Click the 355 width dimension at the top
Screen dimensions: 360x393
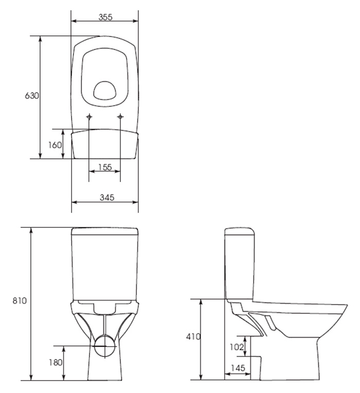pos(105,17)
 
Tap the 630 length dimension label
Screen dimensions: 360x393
pos(32,96)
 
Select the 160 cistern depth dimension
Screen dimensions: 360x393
pos(55,145)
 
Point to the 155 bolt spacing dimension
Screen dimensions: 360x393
pos(105,167)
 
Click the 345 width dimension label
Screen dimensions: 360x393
pos(107,198)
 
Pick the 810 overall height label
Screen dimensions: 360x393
pos(20,300)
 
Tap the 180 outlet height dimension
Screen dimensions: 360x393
pos(56,362)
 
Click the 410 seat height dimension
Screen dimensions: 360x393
pos(193,336)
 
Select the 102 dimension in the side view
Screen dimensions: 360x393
pos(237,347)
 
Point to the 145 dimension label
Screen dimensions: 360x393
pos(238,368)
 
